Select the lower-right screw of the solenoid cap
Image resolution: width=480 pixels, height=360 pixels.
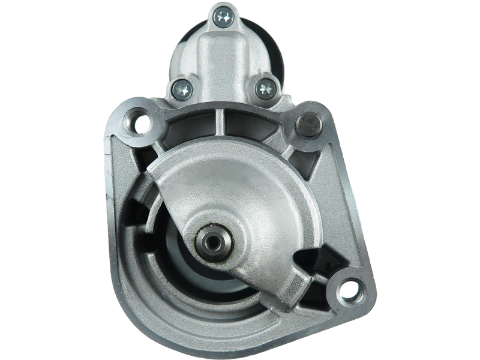click(x=263, y=89)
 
